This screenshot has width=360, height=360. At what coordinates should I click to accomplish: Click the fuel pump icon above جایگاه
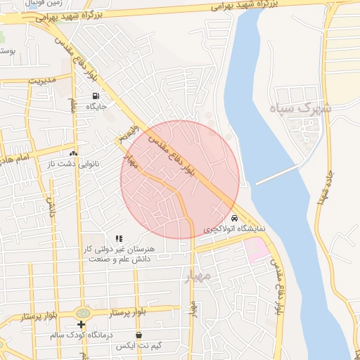point(96,96)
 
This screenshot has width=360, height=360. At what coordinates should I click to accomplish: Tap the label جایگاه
point(96,107)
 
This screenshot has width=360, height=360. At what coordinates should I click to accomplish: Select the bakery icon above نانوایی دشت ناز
point(73,153)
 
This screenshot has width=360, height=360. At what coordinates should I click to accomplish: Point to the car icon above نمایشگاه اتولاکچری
point(235,219)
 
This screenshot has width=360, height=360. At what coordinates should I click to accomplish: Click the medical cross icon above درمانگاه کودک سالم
point(82,324)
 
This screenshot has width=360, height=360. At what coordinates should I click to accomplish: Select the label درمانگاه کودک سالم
point(81,335)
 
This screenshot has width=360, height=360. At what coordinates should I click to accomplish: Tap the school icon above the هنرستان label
point(119,239)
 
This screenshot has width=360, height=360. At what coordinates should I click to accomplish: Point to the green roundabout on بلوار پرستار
point(84,311)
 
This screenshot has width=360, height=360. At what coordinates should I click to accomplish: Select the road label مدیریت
point(41,81)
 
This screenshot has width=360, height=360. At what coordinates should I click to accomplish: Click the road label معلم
point(72,105)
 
